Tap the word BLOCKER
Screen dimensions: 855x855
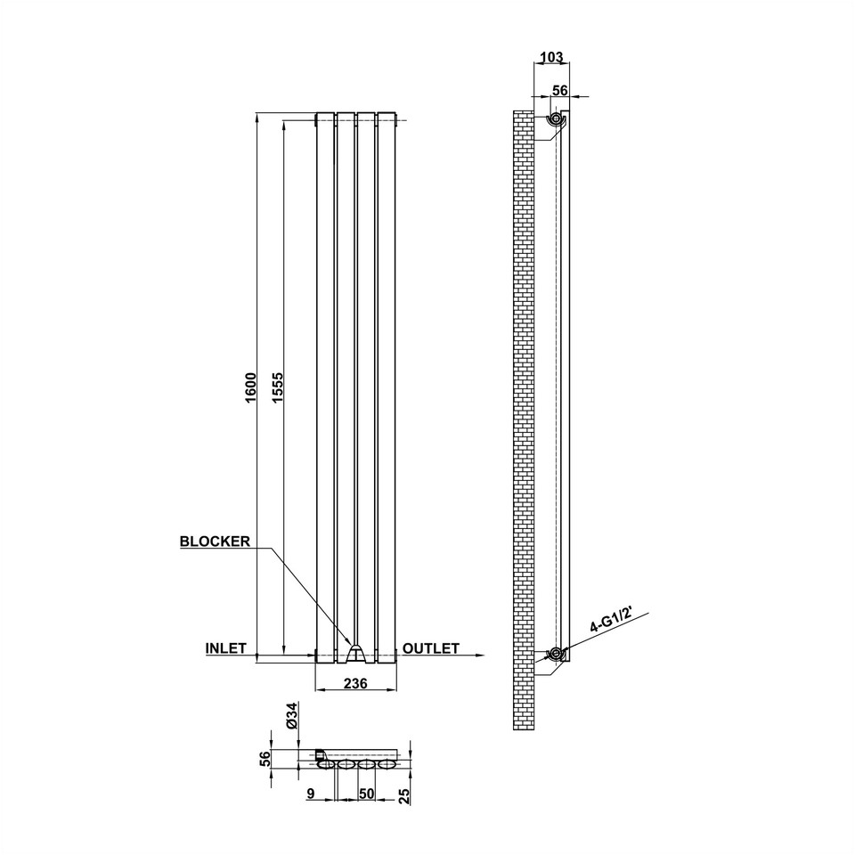point(215,541)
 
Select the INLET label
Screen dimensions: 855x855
point(225,648)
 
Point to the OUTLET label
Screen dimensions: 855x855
point(431,648)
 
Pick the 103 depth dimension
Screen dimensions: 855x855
point(551,58)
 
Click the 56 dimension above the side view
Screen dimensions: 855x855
point(560,90)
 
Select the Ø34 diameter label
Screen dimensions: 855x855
point(290,717)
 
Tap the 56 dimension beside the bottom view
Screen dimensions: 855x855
point(264,758)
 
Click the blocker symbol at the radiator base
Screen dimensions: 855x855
point(356,654)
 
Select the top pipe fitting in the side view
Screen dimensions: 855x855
point(556,119)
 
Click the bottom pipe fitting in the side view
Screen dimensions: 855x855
point(556,655)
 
